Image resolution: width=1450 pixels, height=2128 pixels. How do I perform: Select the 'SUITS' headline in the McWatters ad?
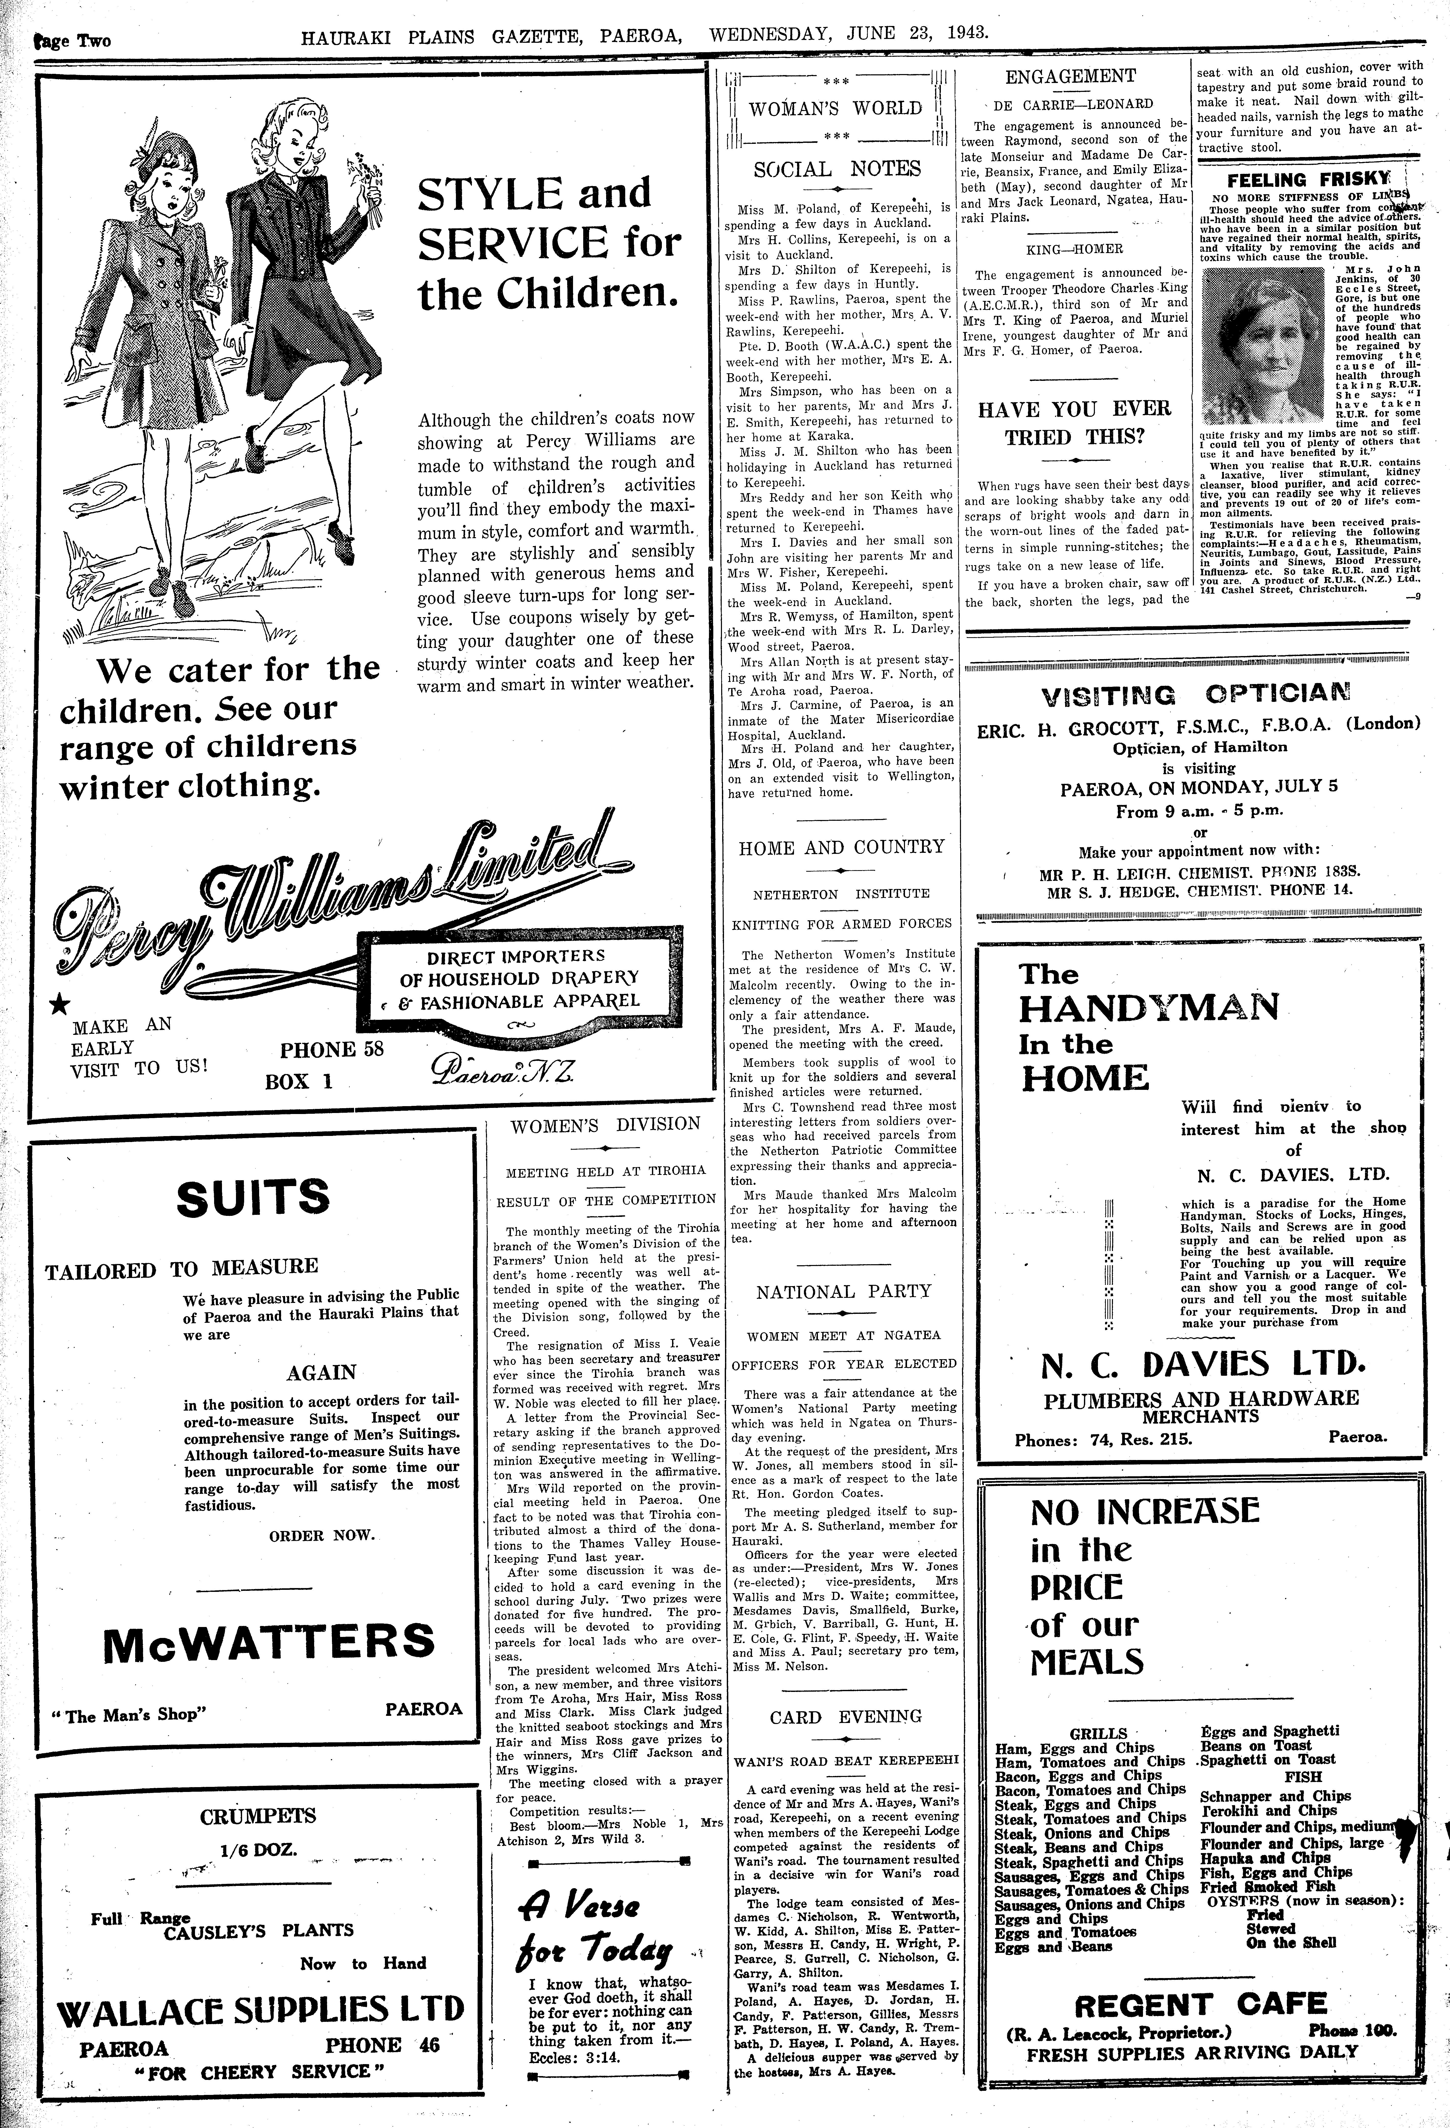point(254,1199)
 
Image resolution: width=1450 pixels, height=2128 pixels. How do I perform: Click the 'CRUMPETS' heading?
point(258,1816)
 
